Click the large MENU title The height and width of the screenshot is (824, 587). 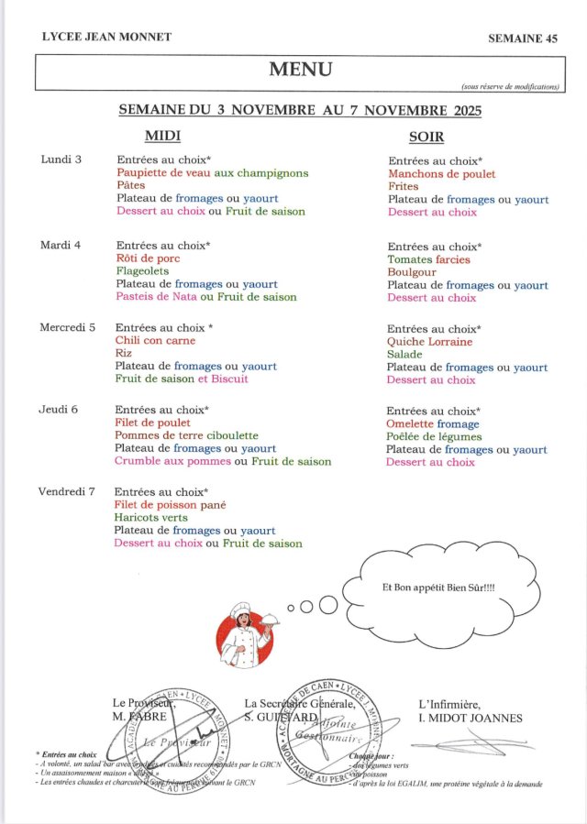300,69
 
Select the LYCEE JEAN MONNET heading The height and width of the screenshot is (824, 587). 106,37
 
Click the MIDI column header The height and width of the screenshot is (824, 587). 163,137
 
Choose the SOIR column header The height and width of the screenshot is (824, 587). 426,137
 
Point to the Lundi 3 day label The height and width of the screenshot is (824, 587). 61,159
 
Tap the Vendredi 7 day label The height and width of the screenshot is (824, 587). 66,492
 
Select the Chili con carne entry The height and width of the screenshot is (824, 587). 155,340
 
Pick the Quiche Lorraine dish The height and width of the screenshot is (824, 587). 430,342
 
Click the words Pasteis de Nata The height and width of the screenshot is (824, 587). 157,297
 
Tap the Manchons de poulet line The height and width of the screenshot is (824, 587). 441,174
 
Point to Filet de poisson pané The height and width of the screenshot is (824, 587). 170,505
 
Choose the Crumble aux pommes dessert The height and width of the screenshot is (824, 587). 172,461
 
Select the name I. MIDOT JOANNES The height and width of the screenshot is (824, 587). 470,718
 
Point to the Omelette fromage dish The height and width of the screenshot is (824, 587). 433,424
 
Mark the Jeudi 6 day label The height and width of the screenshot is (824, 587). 60,410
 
